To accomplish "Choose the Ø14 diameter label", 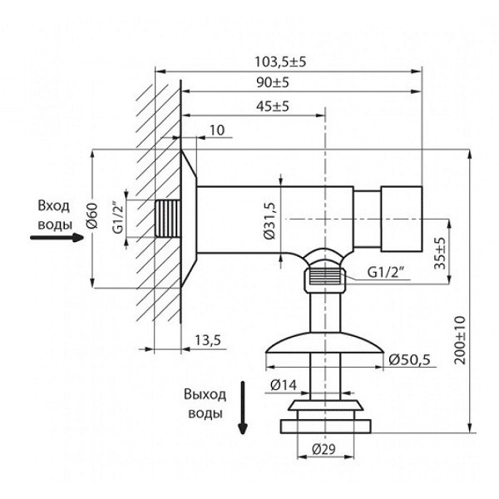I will pos(282,384).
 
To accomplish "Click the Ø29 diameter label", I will pos(324,450).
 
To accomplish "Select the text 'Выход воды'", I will pos(205,404).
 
